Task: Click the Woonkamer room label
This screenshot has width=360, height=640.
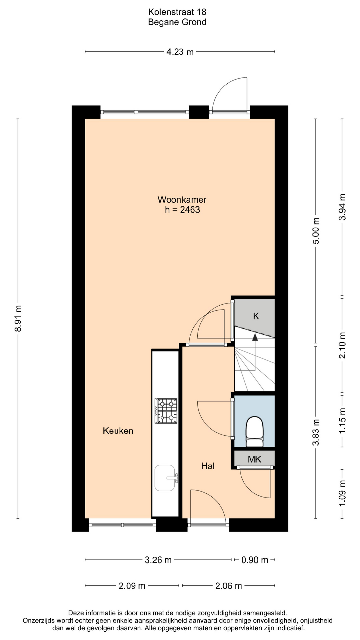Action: coord(182,200)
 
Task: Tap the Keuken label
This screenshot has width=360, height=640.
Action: coord(118,431)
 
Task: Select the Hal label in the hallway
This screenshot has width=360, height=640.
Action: coord(208,466)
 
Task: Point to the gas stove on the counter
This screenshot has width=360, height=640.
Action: coord(166,411)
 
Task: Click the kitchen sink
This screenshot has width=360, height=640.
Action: coord(165,478)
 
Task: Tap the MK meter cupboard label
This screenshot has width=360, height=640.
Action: coord(254,459)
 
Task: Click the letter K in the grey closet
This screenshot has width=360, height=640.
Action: coord(256,316)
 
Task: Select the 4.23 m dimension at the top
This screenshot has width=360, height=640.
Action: coord(180,52)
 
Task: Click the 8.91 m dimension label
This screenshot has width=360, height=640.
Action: coord(18,318)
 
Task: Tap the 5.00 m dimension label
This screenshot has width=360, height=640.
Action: coord(316,231)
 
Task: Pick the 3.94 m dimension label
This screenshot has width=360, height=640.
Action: coord(342,207)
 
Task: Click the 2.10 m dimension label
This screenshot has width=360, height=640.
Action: coord(342,345)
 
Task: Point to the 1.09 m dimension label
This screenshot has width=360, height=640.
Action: coord(342,494)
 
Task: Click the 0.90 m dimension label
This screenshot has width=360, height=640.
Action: coord(255,560)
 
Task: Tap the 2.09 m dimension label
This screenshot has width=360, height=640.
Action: coord(132,586)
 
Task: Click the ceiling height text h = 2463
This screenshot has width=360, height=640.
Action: coord(182,210)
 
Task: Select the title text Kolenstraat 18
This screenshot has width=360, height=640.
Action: coord(177,12)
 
